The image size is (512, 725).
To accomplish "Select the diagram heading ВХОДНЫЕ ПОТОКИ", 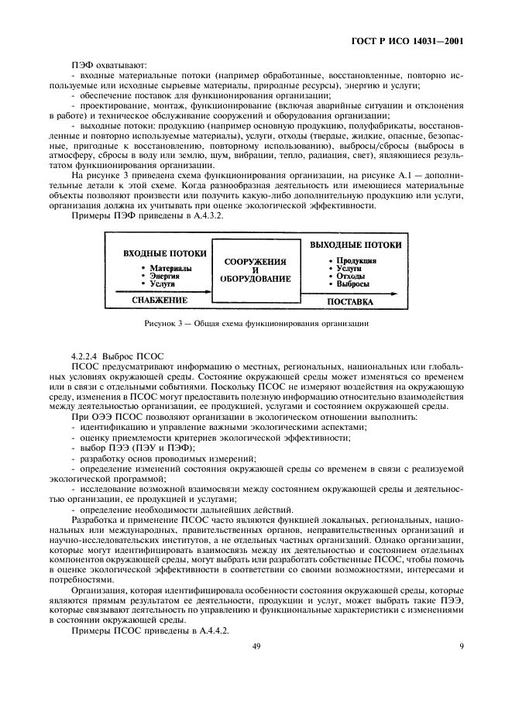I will pos(164,253).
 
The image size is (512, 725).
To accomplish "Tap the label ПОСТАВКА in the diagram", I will pos(349,301).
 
